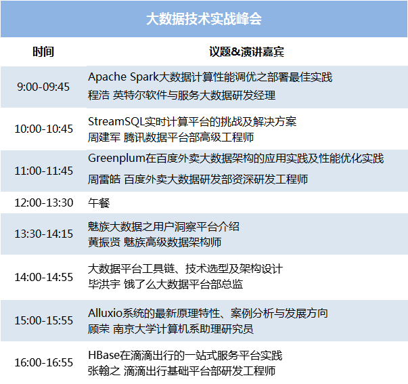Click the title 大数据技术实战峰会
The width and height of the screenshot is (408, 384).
pos(204,19)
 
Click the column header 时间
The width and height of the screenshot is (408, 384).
pos(43,51)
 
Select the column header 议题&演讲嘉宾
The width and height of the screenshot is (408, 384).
pos(246,51)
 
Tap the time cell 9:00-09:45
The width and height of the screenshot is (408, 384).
pos(43,87)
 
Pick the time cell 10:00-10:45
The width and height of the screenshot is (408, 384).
pos(43,129)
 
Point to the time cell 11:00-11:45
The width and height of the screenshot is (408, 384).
pos(43,171)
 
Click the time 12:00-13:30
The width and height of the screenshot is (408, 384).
pos(44,202)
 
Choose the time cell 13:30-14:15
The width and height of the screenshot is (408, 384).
pos(43,234)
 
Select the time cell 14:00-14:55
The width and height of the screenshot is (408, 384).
pos(43,277)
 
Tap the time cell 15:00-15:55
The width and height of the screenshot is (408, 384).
pos(43,320)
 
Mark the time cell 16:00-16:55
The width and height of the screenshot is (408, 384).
pos(43,362)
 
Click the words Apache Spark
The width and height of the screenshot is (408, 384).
pos(123,77)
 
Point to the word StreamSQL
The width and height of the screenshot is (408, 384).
pos(116,122)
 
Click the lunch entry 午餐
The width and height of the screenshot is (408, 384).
pos(99,203)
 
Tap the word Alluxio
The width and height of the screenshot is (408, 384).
pos(105,313)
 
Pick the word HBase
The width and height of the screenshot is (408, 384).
pos(104,355)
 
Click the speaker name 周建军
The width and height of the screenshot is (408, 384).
pos(104,137)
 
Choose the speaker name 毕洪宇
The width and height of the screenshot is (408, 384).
pos(104,284)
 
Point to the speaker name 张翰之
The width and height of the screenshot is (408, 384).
pos(104,370)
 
